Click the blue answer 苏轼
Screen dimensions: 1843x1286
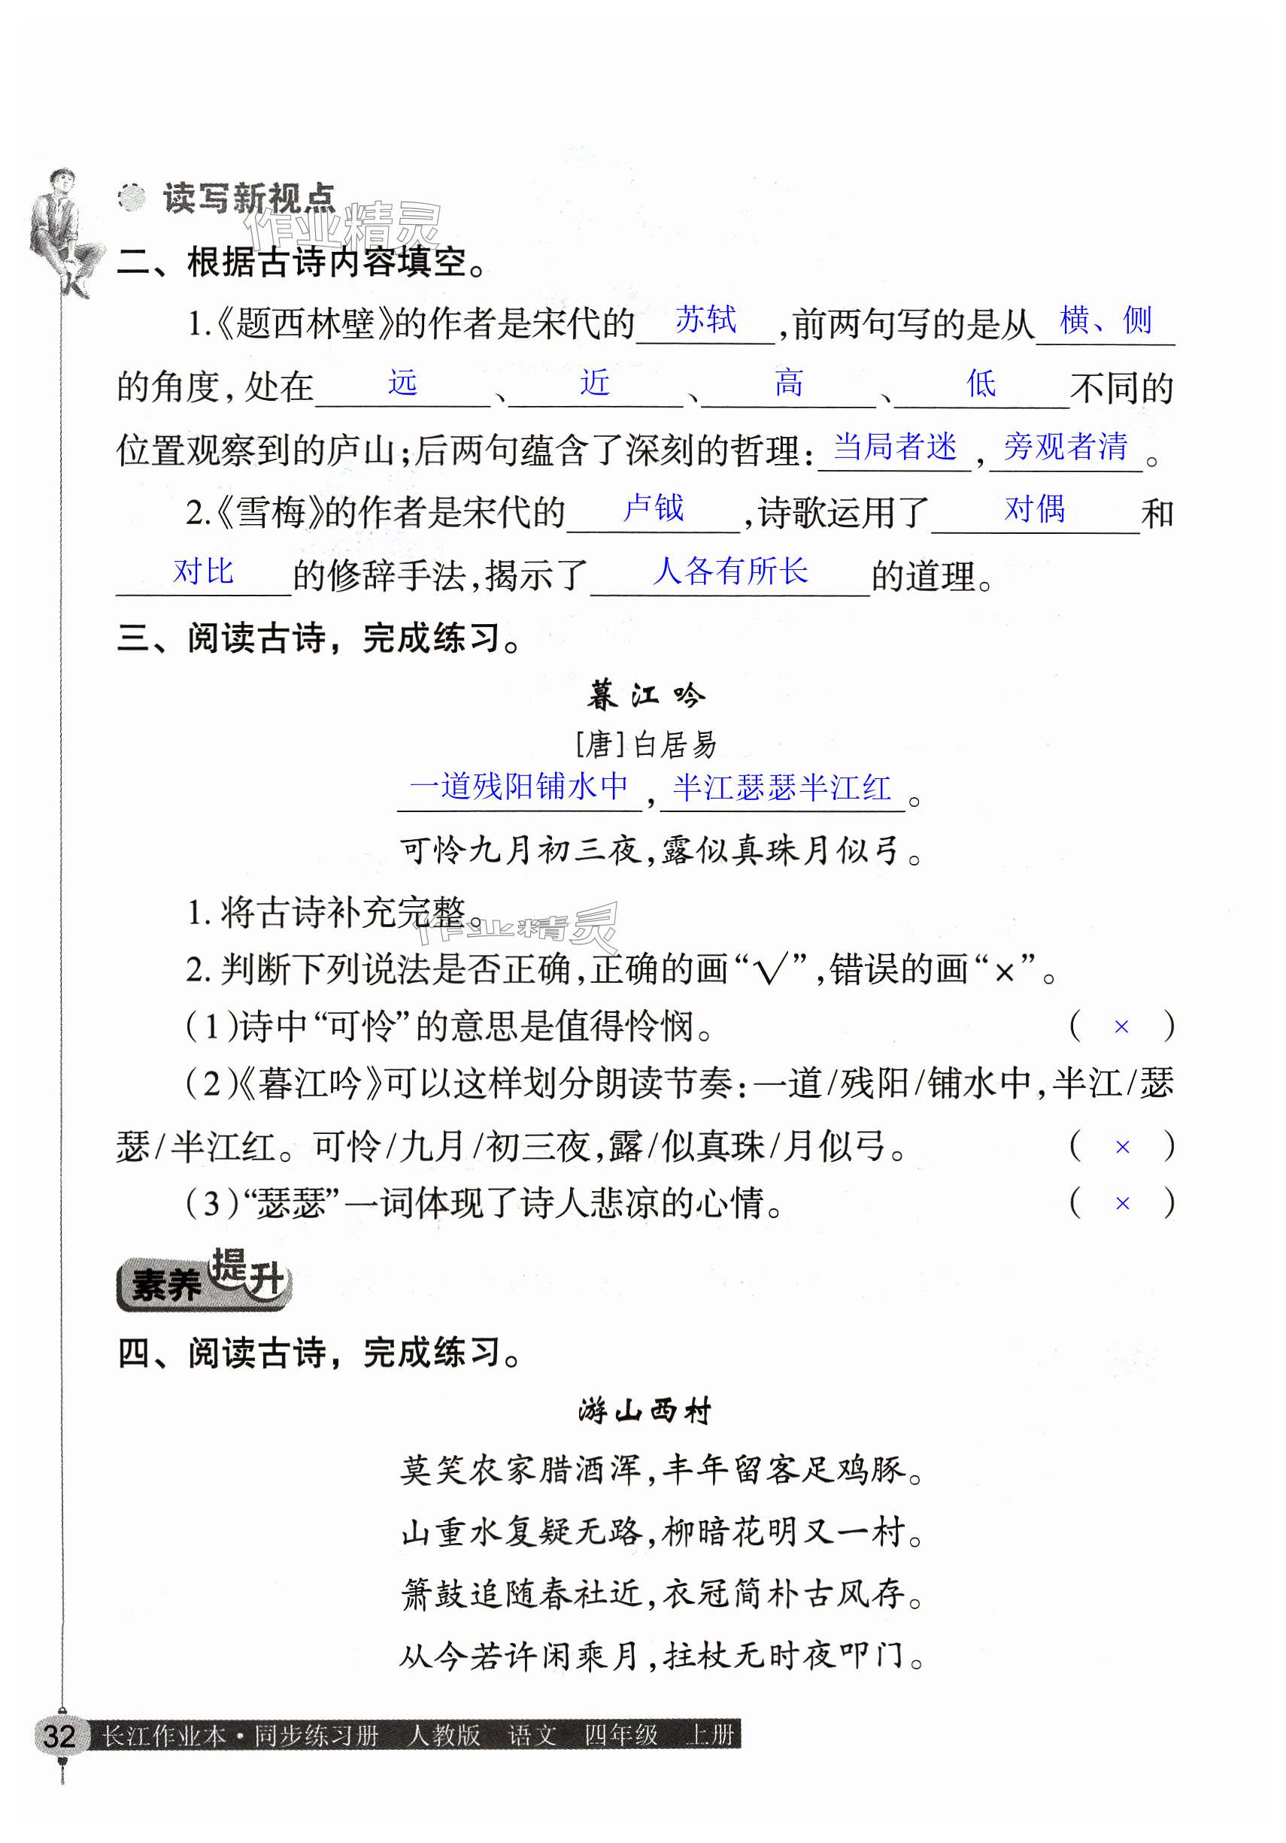(x=705, y=320)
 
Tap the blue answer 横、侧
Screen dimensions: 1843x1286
(x=1106, y=320)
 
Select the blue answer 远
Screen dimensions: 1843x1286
(x=402, y=383)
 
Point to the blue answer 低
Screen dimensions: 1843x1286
(x=981, y=383)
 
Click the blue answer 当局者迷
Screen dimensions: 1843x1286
(x=894, y=447)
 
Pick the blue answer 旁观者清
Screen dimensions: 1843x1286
(x=1065, y=447)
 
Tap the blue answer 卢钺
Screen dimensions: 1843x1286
(x=654, y=508)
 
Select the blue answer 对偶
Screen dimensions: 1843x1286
(x=1035, y=509)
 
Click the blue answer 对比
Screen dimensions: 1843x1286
(x=203, y=571)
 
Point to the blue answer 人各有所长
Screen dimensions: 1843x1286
(x=729, y=571)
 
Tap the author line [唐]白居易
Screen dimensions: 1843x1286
(x=645, y=745)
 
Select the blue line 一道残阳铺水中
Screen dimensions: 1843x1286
(x=520, y=787)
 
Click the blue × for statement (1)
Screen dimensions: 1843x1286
(x=1121, y=1026)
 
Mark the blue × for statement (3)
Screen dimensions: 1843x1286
(x=1122, y=1203)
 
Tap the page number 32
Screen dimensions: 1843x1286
(x=59, y=1735)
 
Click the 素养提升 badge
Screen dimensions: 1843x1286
(x=204, y=1280)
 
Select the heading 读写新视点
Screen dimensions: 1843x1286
(x=248, y=197)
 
